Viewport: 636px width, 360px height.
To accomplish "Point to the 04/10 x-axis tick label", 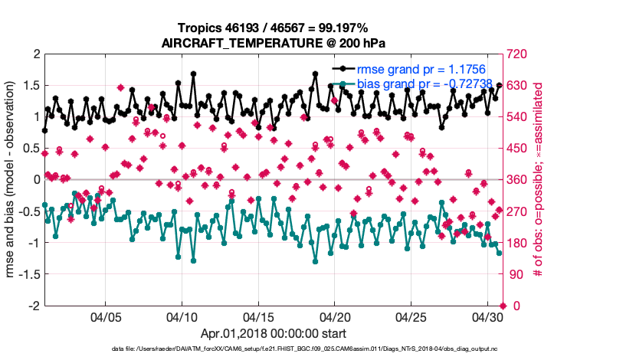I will (x=182, y=317).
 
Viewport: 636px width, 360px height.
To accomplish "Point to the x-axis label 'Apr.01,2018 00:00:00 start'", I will (x=274, y=334).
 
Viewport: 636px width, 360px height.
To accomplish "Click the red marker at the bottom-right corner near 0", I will (x=503, y=306).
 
